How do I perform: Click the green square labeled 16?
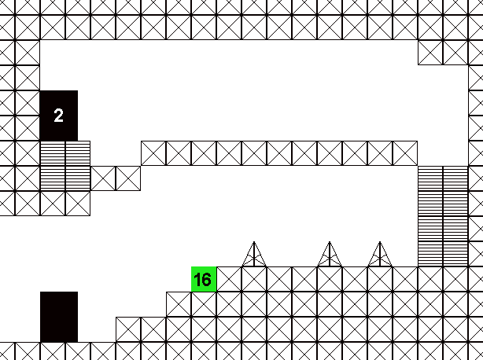[204, 279]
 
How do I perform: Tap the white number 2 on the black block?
[58, 116]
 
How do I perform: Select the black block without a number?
[59, 317]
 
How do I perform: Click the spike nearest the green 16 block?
[254, 254]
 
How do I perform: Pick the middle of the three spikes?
[330, 254]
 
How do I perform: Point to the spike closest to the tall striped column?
[380, 254]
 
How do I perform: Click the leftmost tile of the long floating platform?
[153, 153]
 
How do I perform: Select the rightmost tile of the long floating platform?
[405, 153]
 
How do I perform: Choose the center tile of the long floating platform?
[279, 153]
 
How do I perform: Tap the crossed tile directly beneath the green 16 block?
[204, 304]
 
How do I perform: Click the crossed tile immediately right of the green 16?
[229, 279]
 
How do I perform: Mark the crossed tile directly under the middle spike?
[330, 279]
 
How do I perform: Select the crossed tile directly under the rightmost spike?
[380, 279]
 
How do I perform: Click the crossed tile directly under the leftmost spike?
[254, 279]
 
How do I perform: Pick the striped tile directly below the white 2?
[53, 153]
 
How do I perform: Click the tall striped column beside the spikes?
[443, 216]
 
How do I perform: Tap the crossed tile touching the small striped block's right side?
[103, 178]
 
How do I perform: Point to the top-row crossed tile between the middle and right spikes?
[355, 279]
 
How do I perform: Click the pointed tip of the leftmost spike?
[254, 242]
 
